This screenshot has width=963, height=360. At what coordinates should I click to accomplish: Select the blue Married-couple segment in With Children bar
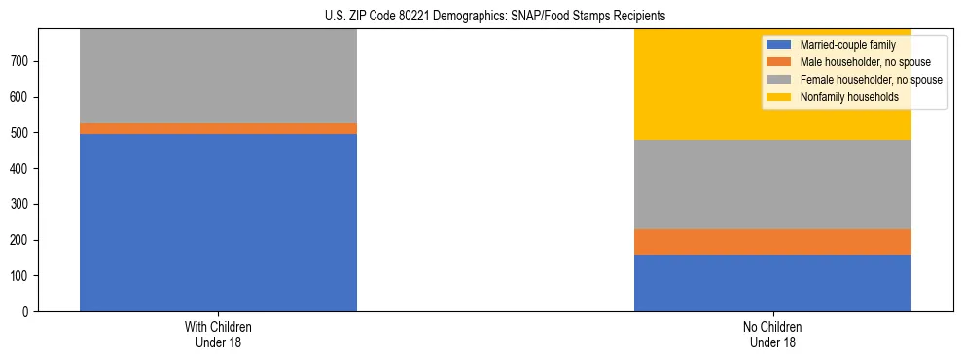pyautogui.click(x=218, y=223)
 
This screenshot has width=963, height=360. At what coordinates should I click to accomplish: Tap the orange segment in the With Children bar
pyautogui.click(x=218, y=128)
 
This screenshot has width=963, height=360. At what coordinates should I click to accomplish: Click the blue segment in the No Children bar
pyautogui.click(x=772, y=283)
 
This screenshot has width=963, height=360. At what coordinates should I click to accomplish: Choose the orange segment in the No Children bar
pyautogui.click(x=772, y=241)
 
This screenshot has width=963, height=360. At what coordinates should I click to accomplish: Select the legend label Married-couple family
pyautogui.click(x=847, y=45)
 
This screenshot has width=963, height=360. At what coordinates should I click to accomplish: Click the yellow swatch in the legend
pyautogui.click(x=779, y=97)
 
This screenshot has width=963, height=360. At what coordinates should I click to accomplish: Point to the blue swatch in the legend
pyautogui.click(x=779, y=45)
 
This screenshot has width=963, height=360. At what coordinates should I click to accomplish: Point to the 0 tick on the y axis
pyautogui.click(x=29, y=312)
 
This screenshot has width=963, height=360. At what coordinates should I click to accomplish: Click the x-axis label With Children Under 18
pyautogui.click(x=218, y=335)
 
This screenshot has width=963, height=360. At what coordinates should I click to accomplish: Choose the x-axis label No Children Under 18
pyautogui.click(x=772, y=335)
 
